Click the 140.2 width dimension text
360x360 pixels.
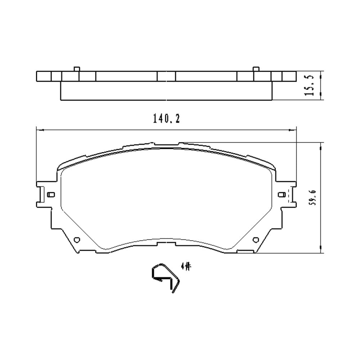(x=166, y=119)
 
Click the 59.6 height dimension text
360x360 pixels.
(x=313, y=198)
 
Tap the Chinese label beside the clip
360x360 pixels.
(x=186, y=267)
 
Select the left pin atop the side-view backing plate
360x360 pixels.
(x=77, y=69)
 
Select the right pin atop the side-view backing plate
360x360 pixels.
(x=256, y=69)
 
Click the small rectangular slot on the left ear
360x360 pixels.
(x=51, y=195)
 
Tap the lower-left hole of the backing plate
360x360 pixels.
(x=77, y=240)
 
